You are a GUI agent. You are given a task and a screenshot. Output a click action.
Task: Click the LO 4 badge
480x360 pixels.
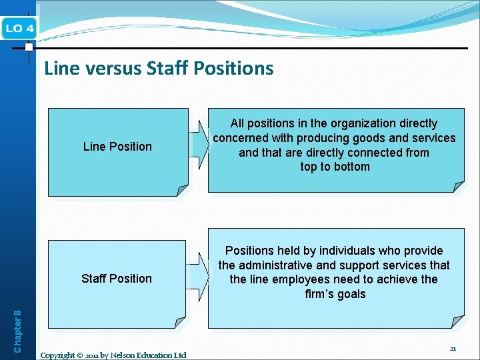20,28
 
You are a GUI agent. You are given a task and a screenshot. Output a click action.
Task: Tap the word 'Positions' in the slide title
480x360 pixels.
239,68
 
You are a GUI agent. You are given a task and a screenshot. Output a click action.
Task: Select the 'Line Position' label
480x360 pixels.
117,146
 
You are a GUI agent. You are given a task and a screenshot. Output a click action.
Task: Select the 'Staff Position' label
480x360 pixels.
117,278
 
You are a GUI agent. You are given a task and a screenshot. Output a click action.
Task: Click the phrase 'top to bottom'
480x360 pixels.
335,167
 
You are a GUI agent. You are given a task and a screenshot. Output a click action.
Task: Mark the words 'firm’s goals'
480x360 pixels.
335,294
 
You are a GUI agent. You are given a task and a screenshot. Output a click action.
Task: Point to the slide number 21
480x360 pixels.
453,349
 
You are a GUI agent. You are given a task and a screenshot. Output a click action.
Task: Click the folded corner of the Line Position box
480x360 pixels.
181,190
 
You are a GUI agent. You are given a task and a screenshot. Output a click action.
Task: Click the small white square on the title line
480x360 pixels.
29,47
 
